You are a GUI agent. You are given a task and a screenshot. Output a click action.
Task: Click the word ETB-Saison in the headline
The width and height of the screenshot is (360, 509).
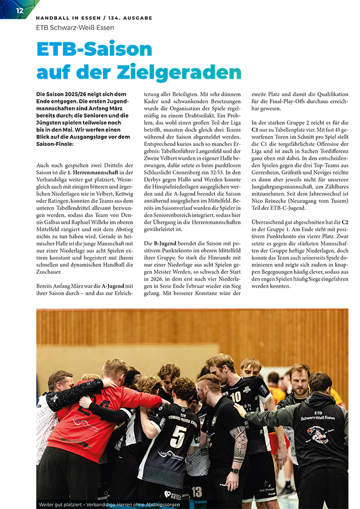click(94, 49)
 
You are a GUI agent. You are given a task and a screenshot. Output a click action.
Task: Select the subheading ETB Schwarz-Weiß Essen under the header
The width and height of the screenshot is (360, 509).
click(75, 27)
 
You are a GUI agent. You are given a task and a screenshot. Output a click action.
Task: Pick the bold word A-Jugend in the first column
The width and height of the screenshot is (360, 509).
click(113, 286)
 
